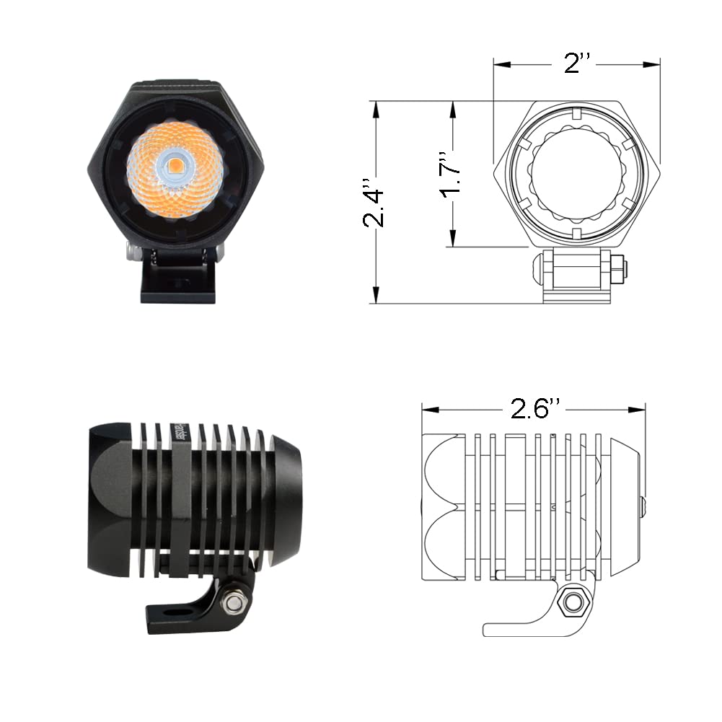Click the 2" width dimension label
pos(577,64)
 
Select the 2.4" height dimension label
pos(375,203)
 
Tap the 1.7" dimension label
pos(452,175)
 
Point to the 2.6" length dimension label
pos(534,409)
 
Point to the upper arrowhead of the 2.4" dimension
pos(376,108)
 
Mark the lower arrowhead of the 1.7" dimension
pos(452,239)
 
